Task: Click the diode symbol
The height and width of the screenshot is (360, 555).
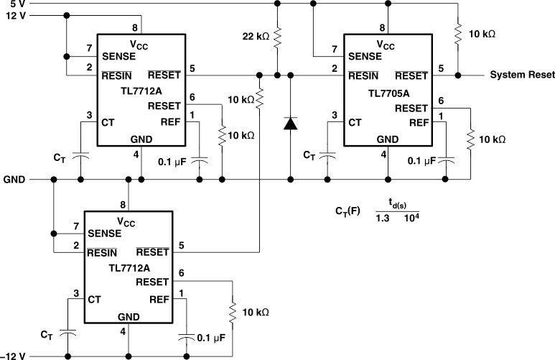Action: pyautogui.click(x=290, y=123)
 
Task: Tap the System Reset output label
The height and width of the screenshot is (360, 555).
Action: pyautogui.click(x=521, y=75)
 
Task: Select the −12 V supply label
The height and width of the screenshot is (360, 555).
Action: pyautogui.click(x=14, y=356)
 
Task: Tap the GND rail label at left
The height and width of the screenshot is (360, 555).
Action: pyautogui.click(x=16, y=178)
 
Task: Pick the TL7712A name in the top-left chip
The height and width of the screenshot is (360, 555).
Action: pyautogui.click(x=141, y=91)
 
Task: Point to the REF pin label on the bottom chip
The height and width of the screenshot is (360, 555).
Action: pyautogui.click(x=159, y=299)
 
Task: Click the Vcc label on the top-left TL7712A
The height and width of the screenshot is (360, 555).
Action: pyautogui.click(x=141, y=42)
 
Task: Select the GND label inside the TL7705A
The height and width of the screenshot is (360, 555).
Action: pyautogui.click(x=388, y=139)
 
